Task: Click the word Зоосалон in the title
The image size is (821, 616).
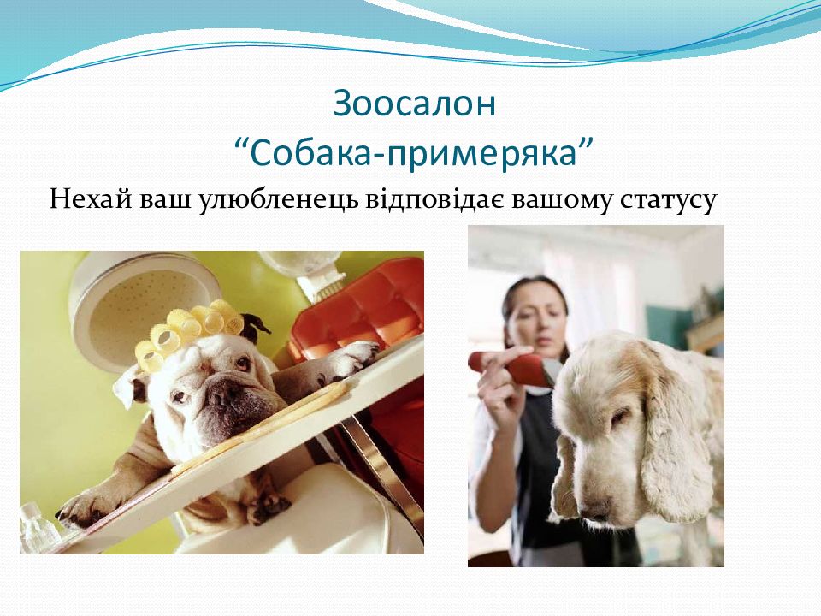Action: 414,104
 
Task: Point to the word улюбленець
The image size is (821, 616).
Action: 278,200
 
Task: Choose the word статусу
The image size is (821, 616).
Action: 667,202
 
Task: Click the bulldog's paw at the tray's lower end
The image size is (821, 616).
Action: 83,509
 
